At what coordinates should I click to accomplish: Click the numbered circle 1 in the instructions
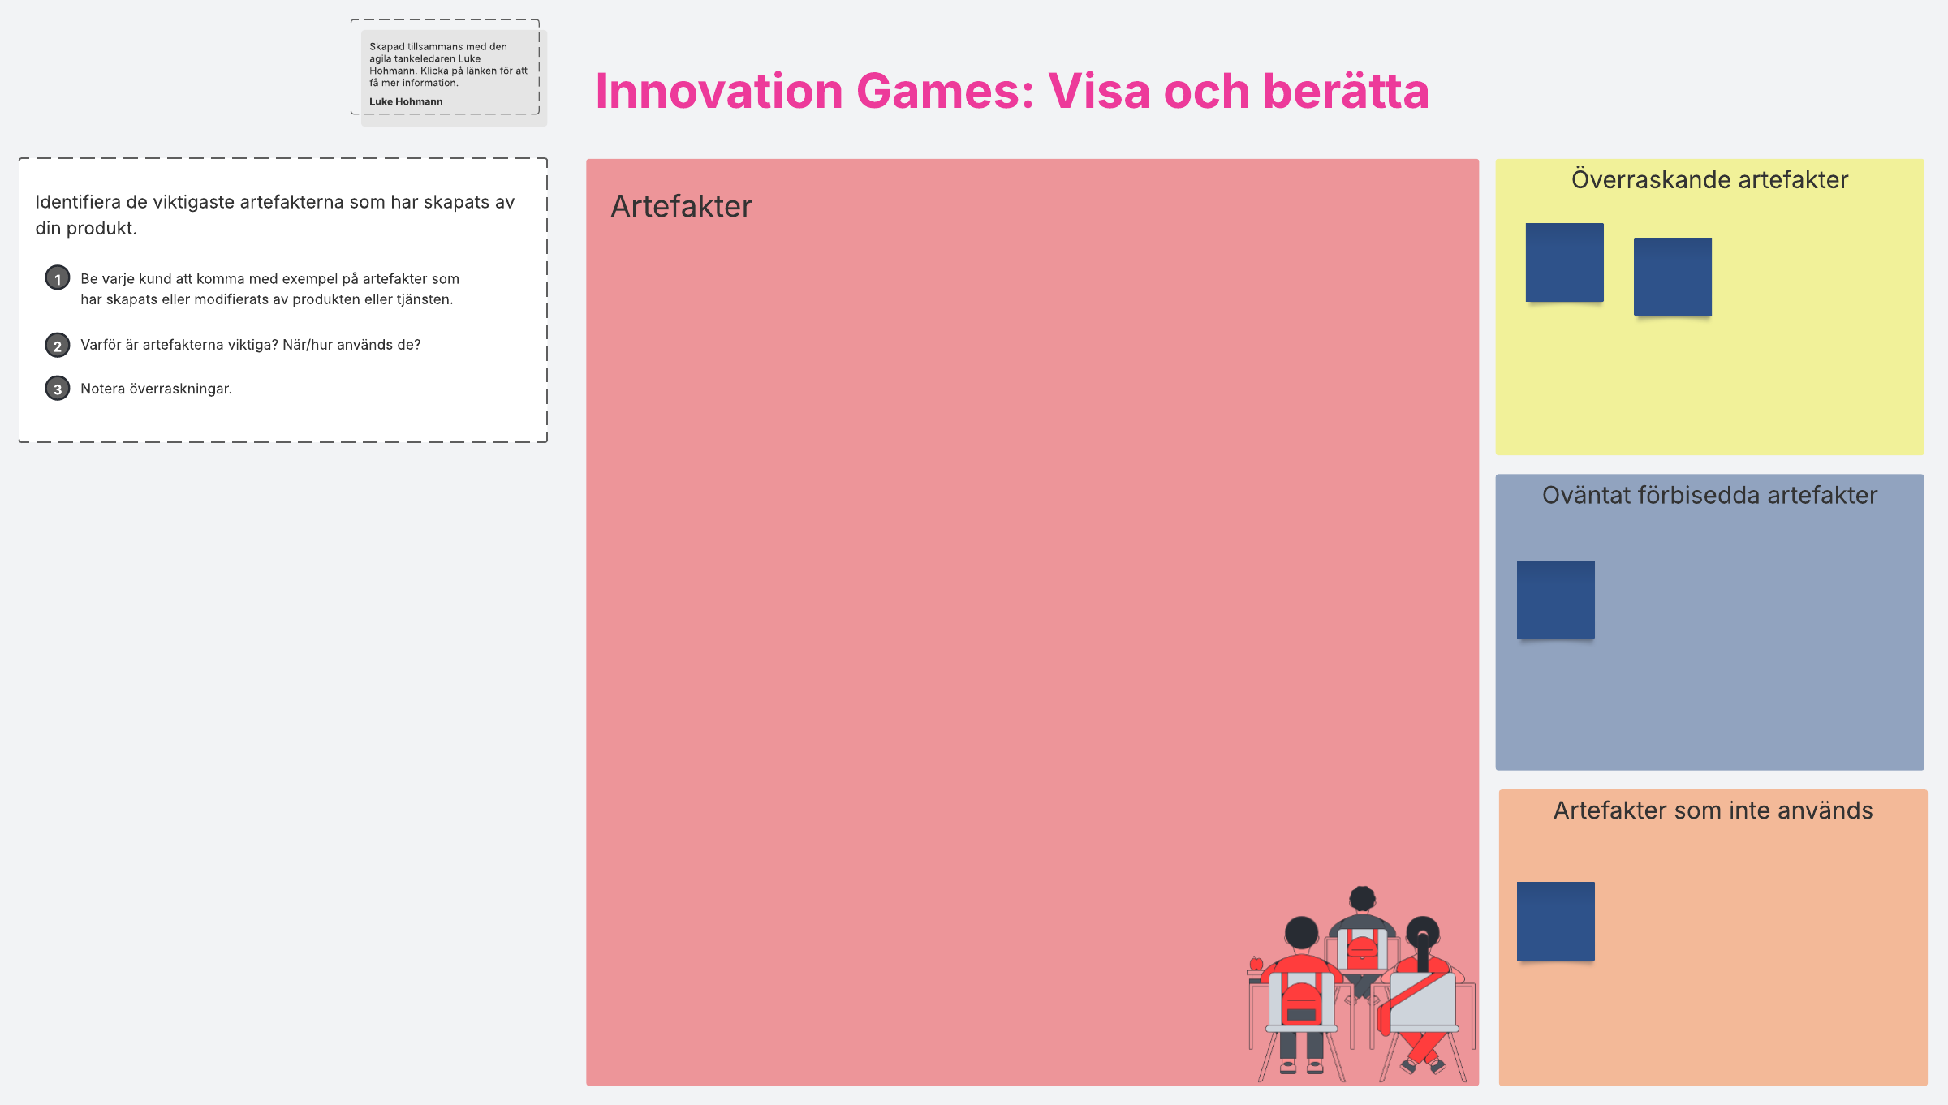click(x=57, y=278)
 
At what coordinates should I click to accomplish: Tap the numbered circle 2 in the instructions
click(x=57, y=345)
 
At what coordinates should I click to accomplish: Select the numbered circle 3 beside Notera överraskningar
click(x=57, y=389)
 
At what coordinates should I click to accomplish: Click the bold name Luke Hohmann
click(x=406, y=101)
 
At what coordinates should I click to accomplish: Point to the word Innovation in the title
click(x=719, y=91)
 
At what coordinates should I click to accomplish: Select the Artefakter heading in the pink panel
click(x=681, y=206)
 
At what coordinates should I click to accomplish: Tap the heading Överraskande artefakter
click(x=1709, y=179)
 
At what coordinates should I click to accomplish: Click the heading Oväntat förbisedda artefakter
click(x=1709, y=495)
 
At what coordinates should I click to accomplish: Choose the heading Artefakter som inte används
click(x=1713, y=810)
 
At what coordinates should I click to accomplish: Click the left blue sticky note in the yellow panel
click(x=1564, y=262)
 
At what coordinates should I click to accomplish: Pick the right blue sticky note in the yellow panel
click(x=1672, y=277)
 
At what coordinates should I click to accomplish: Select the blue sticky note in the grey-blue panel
click(x=1555, y=600)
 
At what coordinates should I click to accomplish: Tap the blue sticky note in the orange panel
click(x=1555, y=921)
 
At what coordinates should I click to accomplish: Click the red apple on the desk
click(x=1256, y=964)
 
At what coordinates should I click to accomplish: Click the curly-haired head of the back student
click(x=1362, y=899)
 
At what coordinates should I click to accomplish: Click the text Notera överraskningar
click(x=156, y=389)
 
